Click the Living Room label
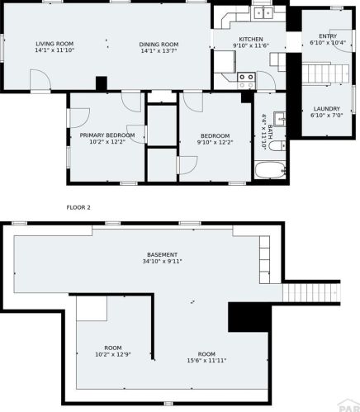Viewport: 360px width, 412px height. coord(54,44)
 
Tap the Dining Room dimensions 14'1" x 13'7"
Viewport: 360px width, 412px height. coord(159,50)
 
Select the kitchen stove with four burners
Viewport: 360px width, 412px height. coord(246,81)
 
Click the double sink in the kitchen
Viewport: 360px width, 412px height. coord(263,12)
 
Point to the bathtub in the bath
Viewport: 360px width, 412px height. coord(270,170)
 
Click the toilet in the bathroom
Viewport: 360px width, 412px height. coord(277,145)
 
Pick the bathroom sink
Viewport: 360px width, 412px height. coord(279,119)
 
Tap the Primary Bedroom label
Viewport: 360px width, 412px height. coord(107,135)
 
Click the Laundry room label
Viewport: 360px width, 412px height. coord(327,109)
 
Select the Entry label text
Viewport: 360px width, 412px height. coord(328,36)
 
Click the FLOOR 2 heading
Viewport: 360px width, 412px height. coord(78,207)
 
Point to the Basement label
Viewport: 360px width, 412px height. coord(162,255)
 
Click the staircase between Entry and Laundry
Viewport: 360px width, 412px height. coord(325,73)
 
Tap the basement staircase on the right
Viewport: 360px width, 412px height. coord(311,293)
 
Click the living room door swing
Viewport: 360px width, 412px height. coord(40,79)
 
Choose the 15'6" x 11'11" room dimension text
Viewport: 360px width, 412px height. coord(206,361)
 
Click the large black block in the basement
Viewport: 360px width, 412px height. coord(249,317)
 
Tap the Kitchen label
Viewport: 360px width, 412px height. coord(251,39)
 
